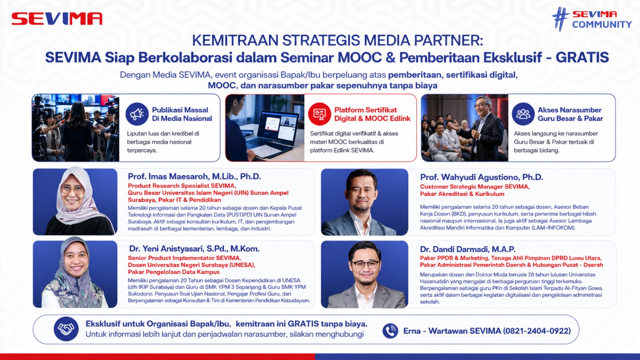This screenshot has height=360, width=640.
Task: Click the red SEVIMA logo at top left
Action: click(57, 19)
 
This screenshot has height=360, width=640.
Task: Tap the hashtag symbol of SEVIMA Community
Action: click(560, 19)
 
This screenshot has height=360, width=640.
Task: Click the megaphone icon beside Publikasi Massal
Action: click(137, 114)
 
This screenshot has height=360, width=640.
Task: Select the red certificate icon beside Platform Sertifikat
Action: click(320, 114)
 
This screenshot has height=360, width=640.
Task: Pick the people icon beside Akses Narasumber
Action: click(523, 114)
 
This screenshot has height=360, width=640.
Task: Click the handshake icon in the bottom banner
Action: click(66, 329)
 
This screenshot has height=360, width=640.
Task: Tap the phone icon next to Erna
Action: click(390, 331)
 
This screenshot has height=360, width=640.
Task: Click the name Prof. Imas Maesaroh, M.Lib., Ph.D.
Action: click(194, 176)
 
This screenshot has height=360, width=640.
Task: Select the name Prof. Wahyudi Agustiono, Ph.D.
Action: click(482, 177)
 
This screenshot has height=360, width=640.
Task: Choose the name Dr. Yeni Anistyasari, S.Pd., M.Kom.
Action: click(194, 249)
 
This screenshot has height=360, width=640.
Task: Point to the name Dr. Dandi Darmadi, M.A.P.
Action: click(468, 250)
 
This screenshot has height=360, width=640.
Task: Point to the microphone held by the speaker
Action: click(474, 128)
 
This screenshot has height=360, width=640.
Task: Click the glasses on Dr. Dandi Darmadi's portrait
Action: click(366, 264)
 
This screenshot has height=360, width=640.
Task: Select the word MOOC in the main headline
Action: click(360, 58)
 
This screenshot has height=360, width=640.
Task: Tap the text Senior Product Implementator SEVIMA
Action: click(184, 258)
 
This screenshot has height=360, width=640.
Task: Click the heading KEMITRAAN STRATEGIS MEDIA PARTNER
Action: click(338, 40)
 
